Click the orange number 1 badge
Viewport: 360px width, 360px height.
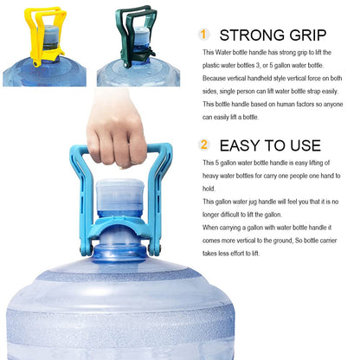pyautogui.click(x=204, y=35)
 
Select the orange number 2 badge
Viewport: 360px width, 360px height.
pyautogui.click(x=204, y=145)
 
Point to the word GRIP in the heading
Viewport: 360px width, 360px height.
pyautogui.click(x=306, y=35)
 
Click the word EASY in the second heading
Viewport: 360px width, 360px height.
pyautogui.click(x=243, y=146)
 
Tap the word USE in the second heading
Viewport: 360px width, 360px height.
pyautogui.click(x=304, y=146)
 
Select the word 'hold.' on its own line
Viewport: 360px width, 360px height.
pyautogui.click(x=208, y=189)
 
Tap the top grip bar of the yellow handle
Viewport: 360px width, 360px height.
pyautogui.click(x=43, y=12)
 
